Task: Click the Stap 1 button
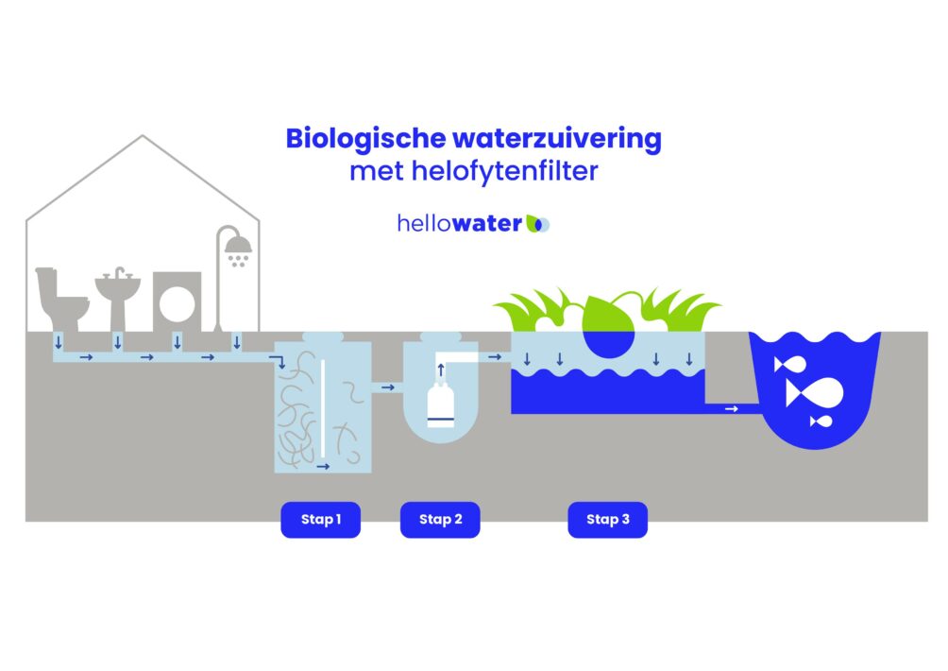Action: coord(320,520)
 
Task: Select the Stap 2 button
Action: coord(440,520)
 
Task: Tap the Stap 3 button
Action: coord(608,520)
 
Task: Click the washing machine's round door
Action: coord(178,303)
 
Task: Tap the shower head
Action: coord(238,245)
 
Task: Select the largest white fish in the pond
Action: coord(814,392)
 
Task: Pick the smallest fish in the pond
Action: coord(821,422)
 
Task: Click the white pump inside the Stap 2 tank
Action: coord(441,404)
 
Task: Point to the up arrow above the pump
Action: coord(441,370)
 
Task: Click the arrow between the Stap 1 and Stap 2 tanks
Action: coord(387,387)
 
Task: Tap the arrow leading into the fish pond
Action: coord(732,409)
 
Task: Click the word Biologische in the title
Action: coord(365,139)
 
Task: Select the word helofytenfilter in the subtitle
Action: coord(505,171)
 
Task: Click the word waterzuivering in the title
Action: coord(557,139)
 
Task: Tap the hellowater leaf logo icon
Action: coord(537,224)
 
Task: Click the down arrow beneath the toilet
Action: coord(59,342)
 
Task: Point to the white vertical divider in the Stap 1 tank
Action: coord(323,408)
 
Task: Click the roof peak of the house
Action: coord(143,135)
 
